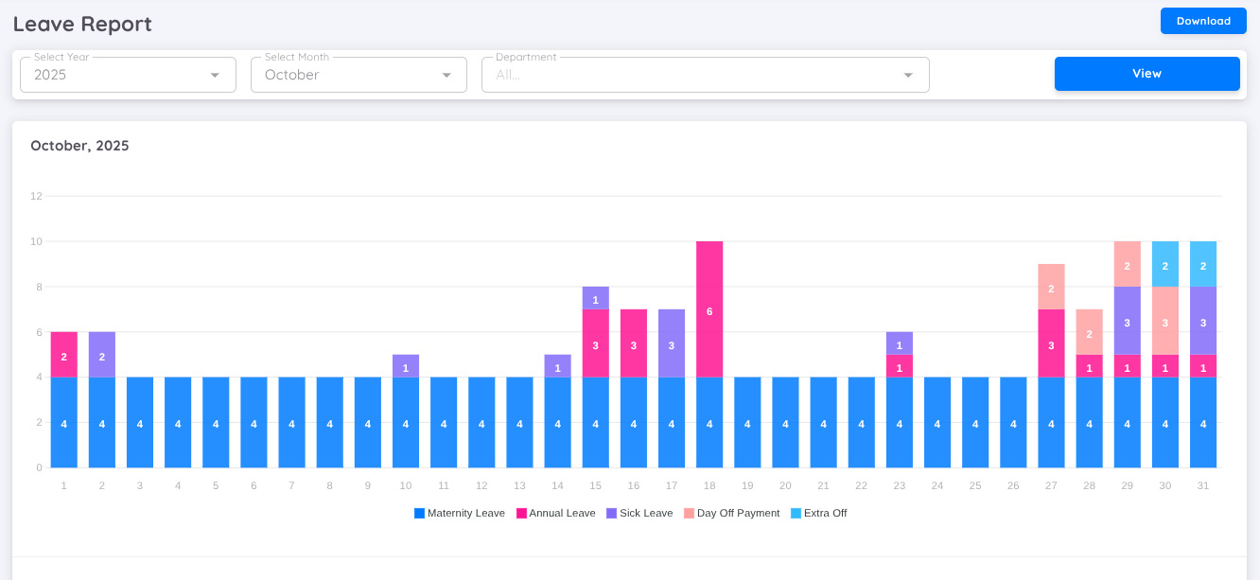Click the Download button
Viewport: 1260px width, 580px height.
click(x=1203, y=21)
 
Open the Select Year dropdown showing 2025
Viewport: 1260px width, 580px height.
click(x=128, y=75)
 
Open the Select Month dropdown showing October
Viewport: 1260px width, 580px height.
click(x=359, y=75)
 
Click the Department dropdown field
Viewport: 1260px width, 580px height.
click(x=705, y=75)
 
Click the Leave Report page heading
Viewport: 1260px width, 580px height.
click(x=82, y=24)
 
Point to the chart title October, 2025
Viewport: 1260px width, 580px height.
click(x=79, y=146)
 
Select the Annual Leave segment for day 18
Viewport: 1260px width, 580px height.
click(x=709, y=309)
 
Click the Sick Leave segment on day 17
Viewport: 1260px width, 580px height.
click(x=672, y=343)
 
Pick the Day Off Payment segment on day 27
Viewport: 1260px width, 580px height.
click(x=1051, y=287)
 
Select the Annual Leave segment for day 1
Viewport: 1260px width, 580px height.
click(x=64, y=355)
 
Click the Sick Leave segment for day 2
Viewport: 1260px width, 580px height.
click(x=102, y=355)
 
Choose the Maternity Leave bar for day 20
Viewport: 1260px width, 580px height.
click(x=785, y=423)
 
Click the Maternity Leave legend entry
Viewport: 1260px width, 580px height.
click(x=460, y=513)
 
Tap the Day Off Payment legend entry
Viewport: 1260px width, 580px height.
click(x=732, y=513)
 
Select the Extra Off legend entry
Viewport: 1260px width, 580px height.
click(x=819, y=513)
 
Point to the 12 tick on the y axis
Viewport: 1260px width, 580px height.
click(x=36, y=196)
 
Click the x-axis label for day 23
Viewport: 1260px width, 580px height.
click(x=899, y=485)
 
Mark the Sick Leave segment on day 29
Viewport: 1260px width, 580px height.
click(x=1127, y=321)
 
